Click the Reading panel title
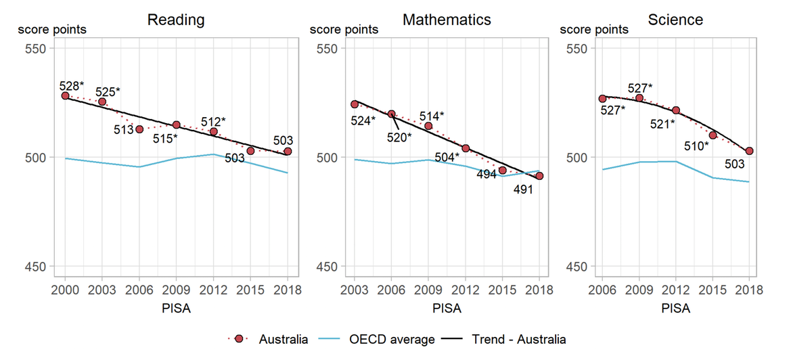(x=176, y=20)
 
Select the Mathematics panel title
(x=447, y=20)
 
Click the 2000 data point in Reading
(x=65, y=96)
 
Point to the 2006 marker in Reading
(x=139, y=129)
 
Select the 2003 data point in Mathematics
(x=354, y=104)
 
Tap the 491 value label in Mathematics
(x=523, y=190)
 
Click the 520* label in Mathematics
(x=399, y=137)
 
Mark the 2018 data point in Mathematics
(x=539, y=176)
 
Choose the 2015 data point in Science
(x=713, y=135)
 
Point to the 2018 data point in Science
(x=749, y=151)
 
